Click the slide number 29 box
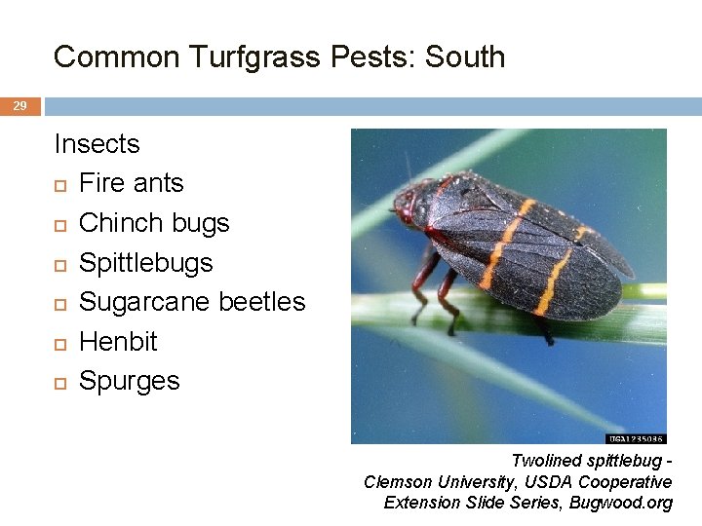coord(19,105)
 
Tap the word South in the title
coord(463,56)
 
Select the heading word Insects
coord(97,144)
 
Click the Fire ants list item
coord(131,183)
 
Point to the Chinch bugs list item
coord(154,223)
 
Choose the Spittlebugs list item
coord(145,263)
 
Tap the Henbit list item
coord(118,342)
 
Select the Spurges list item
coord(129,381)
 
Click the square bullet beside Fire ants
coord(59,185)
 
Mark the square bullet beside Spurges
coord(59,383)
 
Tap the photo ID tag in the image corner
coord(636,438)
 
